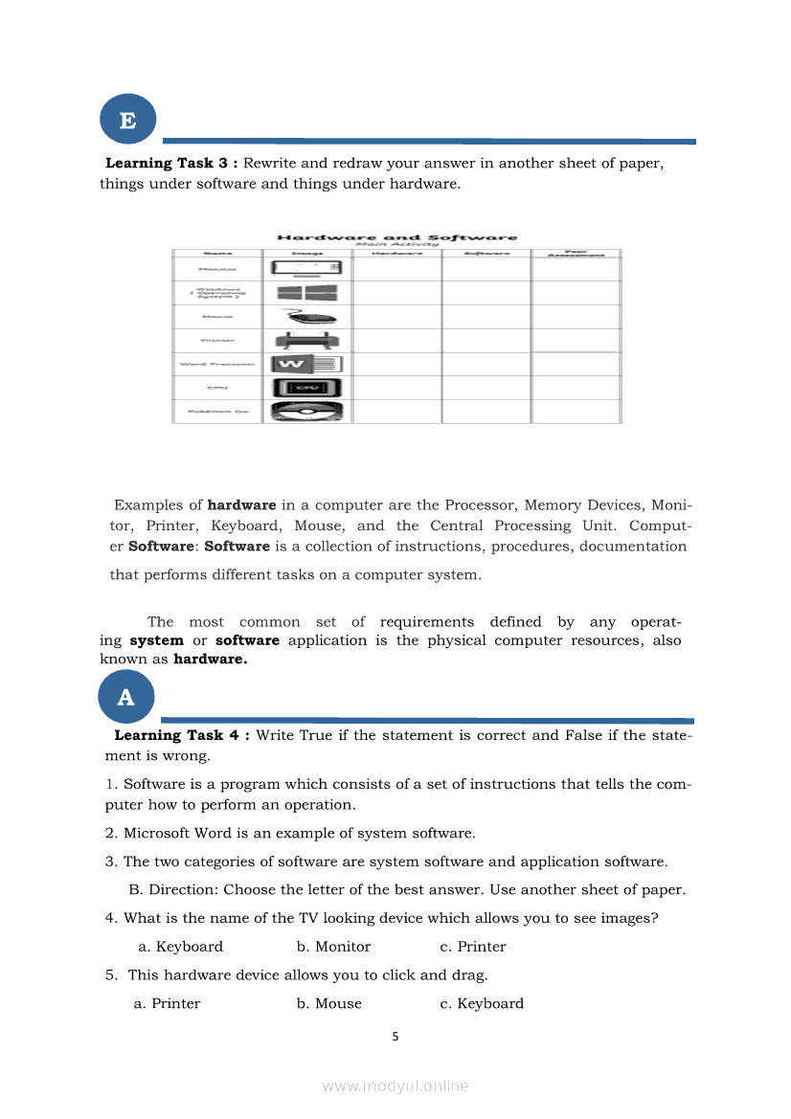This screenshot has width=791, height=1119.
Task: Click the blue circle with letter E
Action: pos(127,122)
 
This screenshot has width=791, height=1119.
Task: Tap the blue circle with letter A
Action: pos(125,698)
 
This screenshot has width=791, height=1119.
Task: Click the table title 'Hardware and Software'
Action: pos(396,237)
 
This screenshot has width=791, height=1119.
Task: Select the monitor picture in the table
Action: pos(306,269)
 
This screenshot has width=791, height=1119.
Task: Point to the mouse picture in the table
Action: pos(306,317)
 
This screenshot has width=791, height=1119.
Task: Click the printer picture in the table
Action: pos(306,341)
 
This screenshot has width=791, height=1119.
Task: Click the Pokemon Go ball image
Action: pos(306,412)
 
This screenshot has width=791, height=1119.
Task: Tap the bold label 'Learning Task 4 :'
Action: pos(183,735)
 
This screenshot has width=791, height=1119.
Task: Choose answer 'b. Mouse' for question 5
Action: pos(329,1004)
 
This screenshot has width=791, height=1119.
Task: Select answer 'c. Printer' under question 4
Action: pos(473,947)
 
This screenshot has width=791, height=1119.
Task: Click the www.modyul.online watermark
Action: pos(395,1086)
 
